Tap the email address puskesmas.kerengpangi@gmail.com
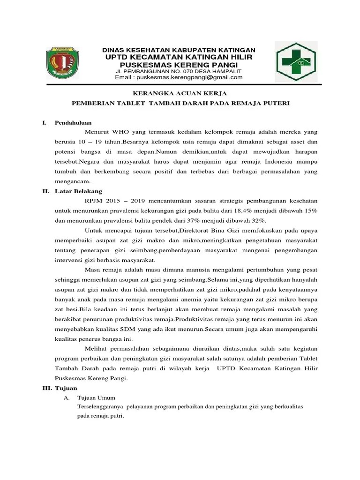(x=179, y=77)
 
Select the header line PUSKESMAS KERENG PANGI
(x=179, y=64)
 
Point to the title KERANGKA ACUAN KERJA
(x=180, y=94)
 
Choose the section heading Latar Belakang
(x=76, y=191)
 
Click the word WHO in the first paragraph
(x=119, y=132)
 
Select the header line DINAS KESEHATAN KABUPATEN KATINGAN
(x=179, y=50)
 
